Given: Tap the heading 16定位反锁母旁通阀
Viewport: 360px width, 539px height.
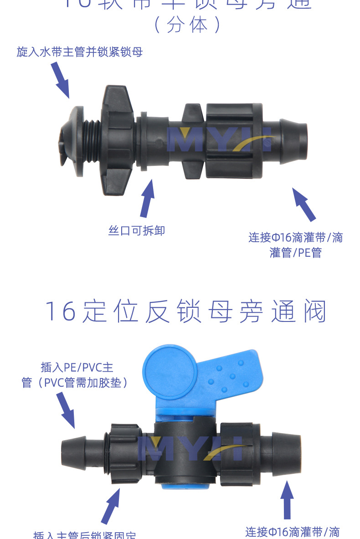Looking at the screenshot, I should [x=186, y=312].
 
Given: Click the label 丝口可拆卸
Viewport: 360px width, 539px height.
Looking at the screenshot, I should [x=137, y=231].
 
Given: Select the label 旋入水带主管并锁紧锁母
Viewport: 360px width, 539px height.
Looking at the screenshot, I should [x=80, y=52].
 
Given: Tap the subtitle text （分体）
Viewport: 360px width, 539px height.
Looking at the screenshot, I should [x=187, y=25].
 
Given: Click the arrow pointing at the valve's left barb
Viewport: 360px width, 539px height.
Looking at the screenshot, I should [x=66, y=409].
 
